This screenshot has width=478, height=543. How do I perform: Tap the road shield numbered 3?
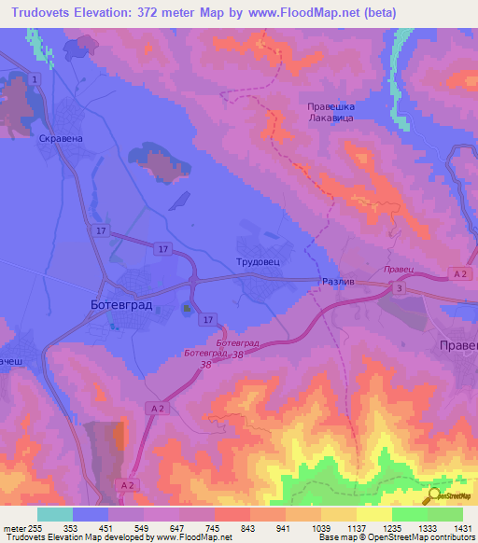coord(400,290)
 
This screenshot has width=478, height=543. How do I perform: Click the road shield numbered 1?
coord(35,80)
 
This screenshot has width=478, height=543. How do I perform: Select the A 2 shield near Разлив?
coord(458,272)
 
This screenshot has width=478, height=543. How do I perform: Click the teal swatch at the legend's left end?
coord(55,514)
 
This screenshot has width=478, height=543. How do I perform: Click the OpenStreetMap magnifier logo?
coord(434,495)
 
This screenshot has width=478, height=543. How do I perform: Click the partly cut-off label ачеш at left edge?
coord(11,359)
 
